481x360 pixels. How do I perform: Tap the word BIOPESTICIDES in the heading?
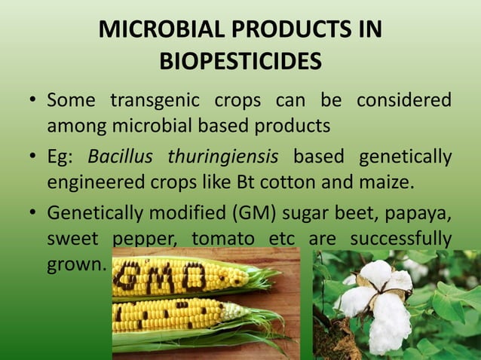[x=240, y=61]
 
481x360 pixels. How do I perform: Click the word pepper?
[x=146, y=239]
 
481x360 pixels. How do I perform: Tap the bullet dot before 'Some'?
[x=32, y=100]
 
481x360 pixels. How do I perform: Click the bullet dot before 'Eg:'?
[x=32, y=157]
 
